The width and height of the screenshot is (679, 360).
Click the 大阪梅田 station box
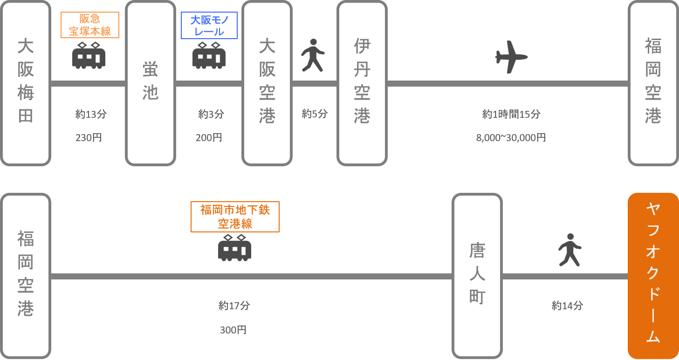click(x=26, y=83)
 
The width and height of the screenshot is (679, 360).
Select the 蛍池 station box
click(x=150, y=83)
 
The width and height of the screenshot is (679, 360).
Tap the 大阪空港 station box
click(x=267, y=83)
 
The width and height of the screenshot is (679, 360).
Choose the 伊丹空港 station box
click(x=362, y=83)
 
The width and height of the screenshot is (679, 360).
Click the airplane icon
click(x=511, y=57)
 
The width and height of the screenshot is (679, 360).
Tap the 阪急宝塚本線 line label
click(x=90, y=25)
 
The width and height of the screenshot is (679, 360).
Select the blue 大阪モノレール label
click(x=209, y=25)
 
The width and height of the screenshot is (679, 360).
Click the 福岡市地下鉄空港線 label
click(x=235, y=217)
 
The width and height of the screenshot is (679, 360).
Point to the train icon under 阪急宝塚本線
click(x=89, y=55)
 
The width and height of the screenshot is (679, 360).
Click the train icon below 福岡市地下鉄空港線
click(x=234, y=247)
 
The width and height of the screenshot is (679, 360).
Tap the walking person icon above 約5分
click(x=313, y=55)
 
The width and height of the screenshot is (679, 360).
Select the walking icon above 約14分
click(x=569, y=250)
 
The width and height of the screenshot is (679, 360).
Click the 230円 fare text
click(x=89, y=138)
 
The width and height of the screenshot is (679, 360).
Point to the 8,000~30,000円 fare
click(x=511, y=138)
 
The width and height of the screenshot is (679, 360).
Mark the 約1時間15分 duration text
click(x=511, y=114)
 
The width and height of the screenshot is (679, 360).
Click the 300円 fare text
click(x=233, y=330)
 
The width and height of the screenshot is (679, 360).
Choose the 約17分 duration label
click(x=234, y=306)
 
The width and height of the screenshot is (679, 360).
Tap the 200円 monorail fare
click(x=209, y=138)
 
